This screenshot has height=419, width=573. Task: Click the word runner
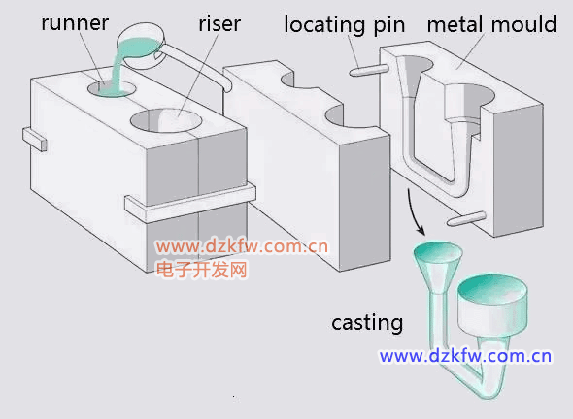pos(75,23)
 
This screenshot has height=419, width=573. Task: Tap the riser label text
pos(219,24)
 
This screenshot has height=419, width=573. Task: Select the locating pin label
pos(345,25)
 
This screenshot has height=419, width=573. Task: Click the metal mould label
pos(491,24)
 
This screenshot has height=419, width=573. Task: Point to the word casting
pos(367,323)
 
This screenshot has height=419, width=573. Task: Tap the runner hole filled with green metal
pos(112,88)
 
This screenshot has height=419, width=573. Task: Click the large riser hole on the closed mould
pos(166,120)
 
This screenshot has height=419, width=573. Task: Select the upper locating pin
pos(369,70)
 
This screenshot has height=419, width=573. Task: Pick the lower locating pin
pos(466,218)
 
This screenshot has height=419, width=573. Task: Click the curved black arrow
pos(414,212)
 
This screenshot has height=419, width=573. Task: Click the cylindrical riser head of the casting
pos(492,306)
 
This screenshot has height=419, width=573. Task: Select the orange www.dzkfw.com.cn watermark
pos(242,246)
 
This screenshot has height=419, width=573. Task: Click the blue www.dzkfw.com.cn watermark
pos(465,356)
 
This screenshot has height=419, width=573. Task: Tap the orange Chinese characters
pos(202,270)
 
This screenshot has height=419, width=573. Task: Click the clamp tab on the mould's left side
pos(35,139)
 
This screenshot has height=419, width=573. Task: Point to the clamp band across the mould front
pos(190,204)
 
